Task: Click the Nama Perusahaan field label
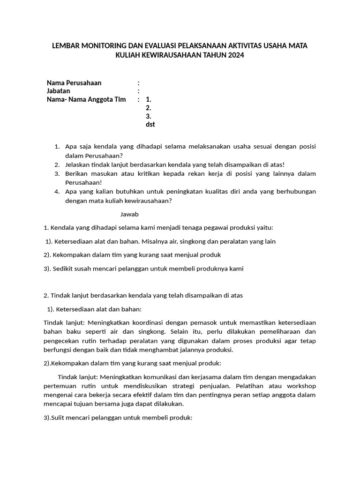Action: click(x=74, y=83)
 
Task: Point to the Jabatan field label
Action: click(x=59, y=91)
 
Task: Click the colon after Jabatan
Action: click(x=138, y=91)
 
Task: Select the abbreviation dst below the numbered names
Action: click(x=150, y=124)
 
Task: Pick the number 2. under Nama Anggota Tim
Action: click(x=149, y=108)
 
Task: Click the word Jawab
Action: click(x=129, y=214)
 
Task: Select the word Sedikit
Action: click(x=65, y=269)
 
